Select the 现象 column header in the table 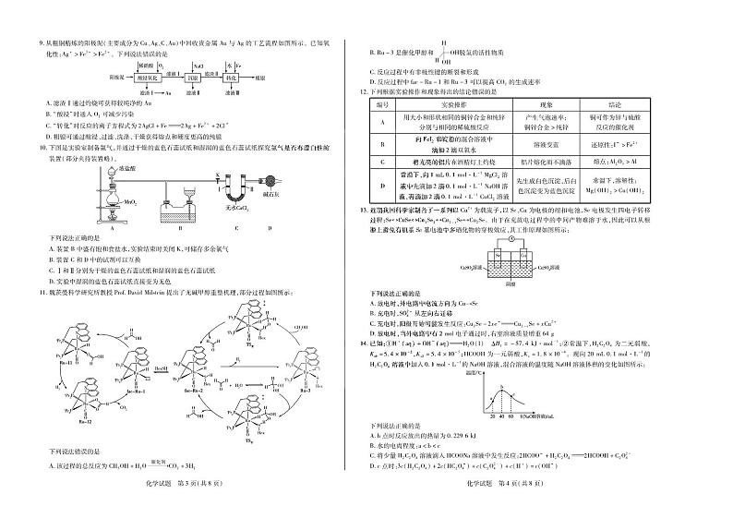(x=544, y=105)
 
